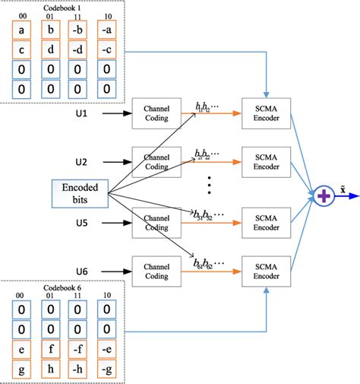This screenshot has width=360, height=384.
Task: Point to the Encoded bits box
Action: point(80,193)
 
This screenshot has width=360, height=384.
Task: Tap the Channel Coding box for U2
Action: point(157,161)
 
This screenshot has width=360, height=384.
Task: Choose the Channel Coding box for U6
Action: point(157,270)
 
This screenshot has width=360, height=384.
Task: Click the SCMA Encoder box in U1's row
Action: point(265,113)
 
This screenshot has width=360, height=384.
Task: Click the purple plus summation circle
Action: point(324,196)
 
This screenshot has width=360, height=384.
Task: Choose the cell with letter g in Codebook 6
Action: point(23,367)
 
